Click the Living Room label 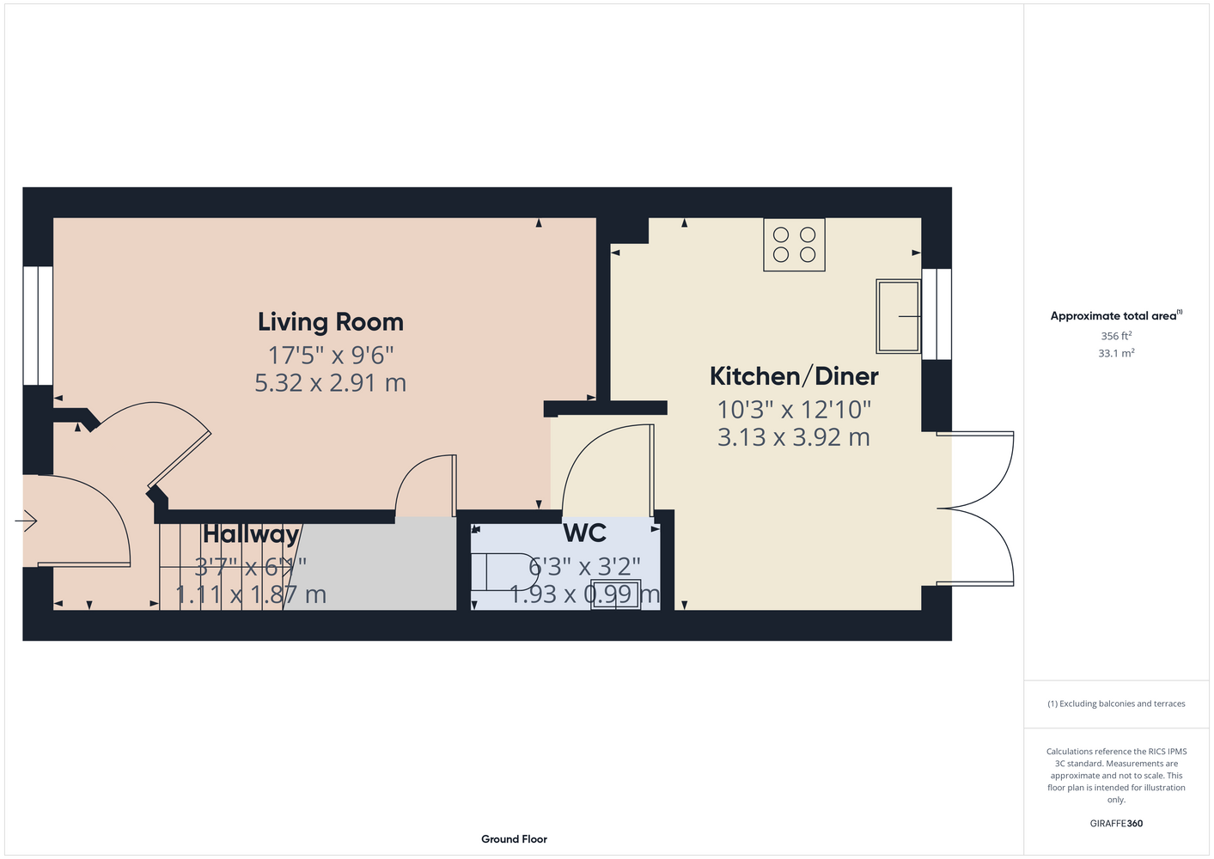coord(331,322)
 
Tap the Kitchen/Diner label coord(794,376)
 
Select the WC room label coord(585,533)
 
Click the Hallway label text coord(251,535)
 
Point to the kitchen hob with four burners coord(794,245)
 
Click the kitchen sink coord(898,316)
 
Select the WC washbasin coord(616,594)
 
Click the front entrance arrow coord(26,521)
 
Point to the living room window coord(38,326)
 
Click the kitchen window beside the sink coord(936,314)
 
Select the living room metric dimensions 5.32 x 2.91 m coord(331,383)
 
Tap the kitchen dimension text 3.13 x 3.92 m coord(794,437)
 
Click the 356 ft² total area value coord(1116,336)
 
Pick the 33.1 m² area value coord(1116,353)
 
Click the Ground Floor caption coord(515,839)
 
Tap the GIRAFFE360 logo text coord(1116,823)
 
